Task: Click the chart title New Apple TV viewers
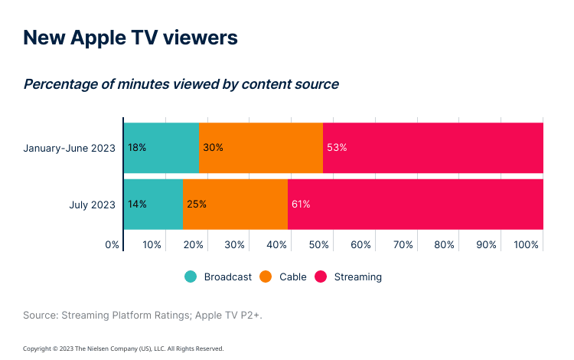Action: (130, 38)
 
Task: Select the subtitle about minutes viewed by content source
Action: (181, 84)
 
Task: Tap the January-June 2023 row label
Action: (70, 148)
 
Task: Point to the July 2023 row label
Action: (92, 205)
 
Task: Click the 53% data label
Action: (337, 148)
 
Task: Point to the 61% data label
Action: (300, 205)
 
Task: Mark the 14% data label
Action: (138, 205)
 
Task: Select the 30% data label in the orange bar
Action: (213, 148)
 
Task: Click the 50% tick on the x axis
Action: (319, 245)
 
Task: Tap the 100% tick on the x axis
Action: (527, 245)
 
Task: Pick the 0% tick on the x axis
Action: (113, 245)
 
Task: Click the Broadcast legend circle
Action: (191, 277)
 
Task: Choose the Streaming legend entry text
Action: (357, 277)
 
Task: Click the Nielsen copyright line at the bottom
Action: (123, 349)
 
